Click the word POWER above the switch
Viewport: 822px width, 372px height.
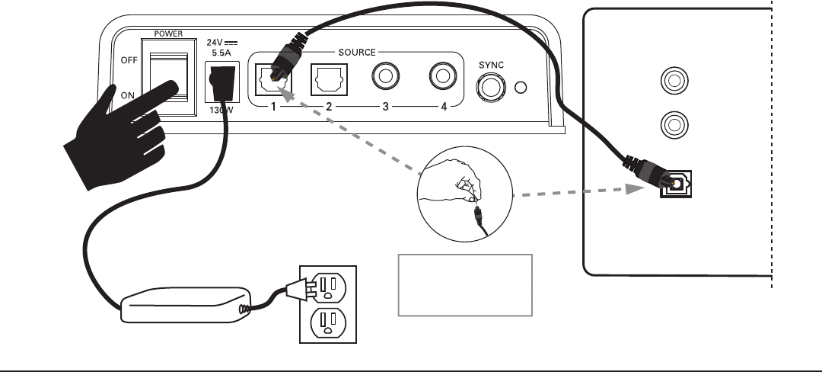click(x=168, y=34)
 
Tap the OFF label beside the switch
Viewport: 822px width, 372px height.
click(x=129, y=60)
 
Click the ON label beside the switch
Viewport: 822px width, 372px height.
click(x=127, y=95)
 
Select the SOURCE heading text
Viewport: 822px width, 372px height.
click(x=357, y=53)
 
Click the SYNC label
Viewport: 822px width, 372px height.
click(x=491, y=65)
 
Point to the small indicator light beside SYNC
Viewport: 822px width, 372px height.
click(x=521, y=88)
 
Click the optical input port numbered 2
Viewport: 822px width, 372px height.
click(x=330, y=80)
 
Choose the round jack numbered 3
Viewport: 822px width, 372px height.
click(x=386, y=76)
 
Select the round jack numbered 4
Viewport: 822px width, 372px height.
click(x=443, y=76)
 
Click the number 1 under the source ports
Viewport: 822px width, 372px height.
click(x=273, y=107)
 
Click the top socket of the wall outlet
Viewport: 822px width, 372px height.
click(x=328, y=288)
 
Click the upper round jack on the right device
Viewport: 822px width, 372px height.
click(x=674, y=81)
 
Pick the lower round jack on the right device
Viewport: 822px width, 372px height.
click(x=674, y=125)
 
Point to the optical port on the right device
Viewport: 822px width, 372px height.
click(x=677, y=184)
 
